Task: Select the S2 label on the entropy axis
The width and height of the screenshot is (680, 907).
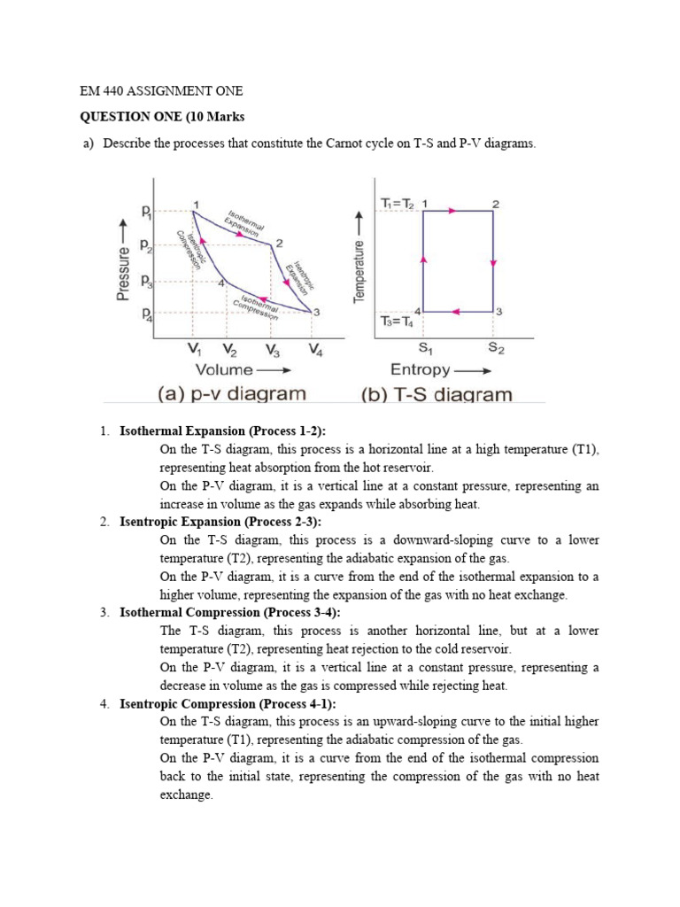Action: point(497,348)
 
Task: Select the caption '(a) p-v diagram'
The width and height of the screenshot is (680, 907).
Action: point(232,394)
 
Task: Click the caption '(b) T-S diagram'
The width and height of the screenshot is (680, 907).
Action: point(437,394)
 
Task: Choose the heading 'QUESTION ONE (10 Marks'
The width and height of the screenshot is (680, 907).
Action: point(161,118)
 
